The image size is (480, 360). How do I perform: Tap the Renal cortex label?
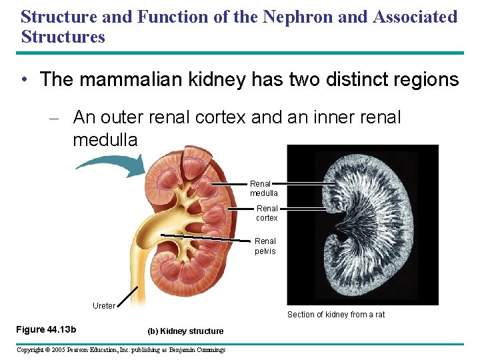[x=267, y=213]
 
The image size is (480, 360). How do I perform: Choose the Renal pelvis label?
[x=265, y=246]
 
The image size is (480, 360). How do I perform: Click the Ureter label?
[x=103, y=306]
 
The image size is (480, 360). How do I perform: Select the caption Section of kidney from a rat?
[x=336, y=315]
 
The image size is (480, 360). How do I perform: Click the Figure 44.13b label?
[x=46, y=330]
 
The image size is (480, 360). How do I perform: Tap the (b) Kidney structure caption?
[x=185, y=331]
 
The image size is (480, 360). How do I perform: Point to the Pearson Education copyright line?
[x=121, y=350]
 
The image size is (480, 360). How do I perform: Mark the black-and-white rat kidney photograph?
[x=363, y=225]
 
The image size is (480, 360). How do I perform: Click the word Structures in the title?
[x=63, y=36]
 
